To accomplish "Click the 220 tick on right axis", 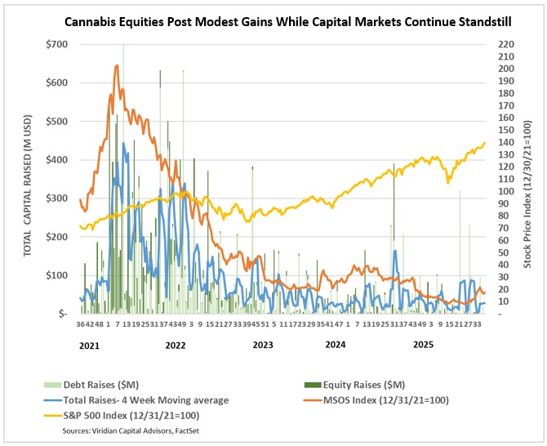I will pyautogui.click(x=505, y=43).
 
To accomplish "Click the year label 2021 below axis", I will pyautogui.click(x=91, y=346).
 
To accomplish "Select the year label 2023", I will pyautogui.click(x=264, y=346).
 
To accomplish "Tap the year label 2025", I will pyautogui.click(x=423, y=346).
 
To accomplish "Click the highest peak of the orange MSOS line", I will pyautogui.click(x=118, y=66).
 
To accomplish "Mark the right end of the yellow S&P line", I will pyautogui.click(x=485, y=143).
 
